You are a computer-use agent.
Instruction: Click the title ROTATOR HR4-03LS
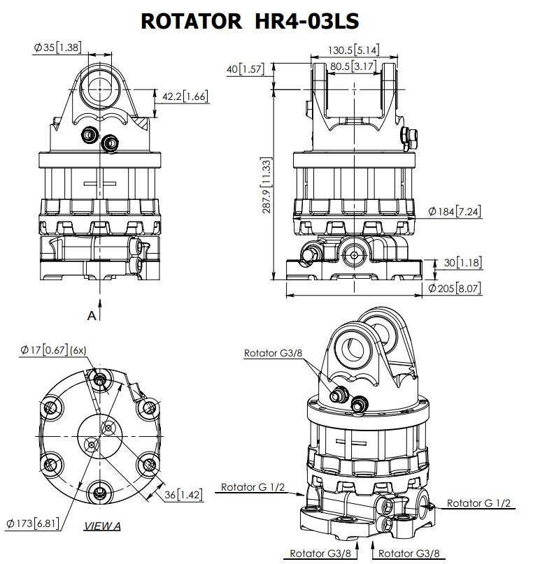(x=250, y=21)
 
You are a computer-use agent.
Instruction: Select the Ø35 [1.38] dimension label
(x=58, y=47)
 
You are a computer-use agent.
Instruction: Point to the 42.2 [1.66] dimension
(x=185, y=96)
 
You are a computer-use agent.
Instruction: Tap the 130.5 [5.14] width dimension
(x=353, y=50)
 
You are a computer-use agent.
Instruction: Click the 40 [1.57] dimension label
(x=245, y=68)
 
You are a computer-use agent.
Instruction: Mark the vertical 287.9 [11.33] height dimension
(x=266, y=185)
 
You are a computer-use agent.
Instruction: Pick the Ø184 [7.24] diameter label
(x=455, y=211)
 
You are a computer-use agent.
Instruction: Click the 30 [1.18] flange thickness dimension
(x=462, y=263)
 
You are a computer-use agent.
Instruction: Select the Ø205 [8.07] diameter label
(x=455, y=288)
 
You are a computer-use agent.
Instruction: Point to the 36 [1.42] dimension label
(x=183, y=495)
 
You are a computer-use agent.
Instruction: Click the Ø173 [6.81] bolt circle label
(x=33, y=523)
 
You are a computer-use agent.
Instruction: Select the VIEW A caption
(x=102, y=526)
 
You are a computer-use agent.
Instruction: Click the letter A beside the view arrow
(x=92, y=315)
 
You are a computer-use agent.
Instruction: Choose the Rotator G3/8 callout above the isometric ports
(x=273, y=353)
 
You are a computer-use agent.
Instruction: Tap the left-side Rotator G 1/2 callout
(x=253, y=487)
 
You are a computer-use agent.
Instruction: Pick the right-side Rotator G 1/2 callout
(x=478, y=503)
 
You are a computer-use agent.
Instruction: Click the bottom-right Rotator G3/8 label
(x=408, y=554)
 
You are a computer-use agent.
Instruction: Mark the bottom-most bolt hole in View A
(x=99, y=492)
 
